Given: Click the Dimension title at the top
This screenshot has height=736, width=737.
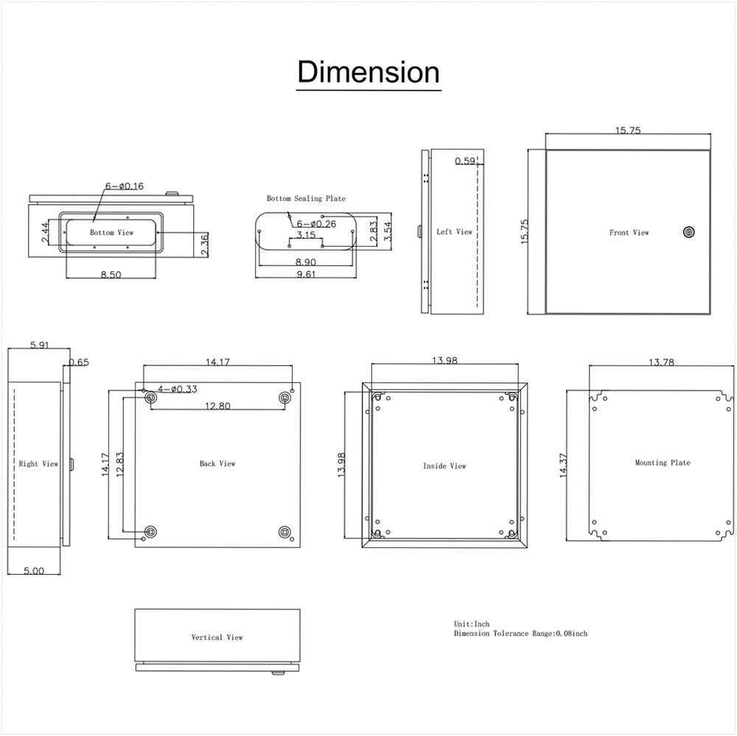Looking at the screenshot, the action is click(x=368, y=72).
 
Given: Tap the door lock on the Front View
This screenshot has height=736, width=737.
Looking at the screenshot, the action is click(x=688, y=232).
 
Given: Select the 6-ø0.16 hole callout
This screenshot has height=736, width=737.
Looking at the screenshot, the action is click(x=124, y=186).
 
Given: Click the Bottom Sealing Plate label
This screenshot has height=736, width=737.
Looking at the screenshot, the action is click(x=306, y=198).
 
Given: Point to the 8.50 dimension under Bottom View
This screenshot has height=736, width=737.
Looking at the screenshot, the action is click(x=111, y=275).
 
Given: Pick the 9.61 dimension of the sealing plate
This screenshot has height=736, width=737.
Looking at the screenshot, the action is click(x=306, y=274).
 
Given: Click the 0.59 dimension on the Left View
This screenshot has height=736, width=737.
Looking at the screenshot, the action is click(x=465, y=161).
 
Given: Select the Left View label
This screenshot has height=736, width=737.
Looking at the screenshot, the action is click(x=454, y=231).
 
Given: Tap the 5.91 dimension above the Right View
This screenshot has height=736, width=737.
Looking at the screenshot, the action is click(x=40, y=345).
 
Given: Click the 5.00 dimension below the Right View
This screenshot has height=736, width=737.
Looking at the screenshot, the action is click(x=34, y=571).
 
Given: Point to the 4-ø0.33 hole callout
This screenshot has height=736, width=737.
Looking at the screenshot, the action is click(x=177, y=389).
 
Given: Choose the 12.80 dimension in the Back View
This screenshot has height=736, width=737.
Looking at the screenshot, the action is click(x=217, y=406).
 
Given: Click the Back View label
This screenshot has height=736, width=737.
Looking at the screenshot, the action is click(x=217, y=463).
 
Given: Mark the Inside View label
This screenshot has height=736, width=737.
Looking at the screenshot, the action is click(x=444, y=466).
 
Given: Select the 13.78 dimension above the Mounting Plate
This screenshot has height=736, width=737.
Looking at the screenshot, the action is click(x=661, y=362).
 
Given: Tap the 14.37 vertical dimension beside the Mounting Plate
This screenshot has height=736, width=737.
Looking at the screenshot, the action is click(x=564, y=466).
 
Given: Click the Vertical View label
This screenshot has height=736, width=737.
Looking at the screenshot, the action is click(x=217, y=637).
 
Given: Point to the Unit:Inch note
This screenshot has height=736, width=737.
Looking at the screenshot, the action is click(x=472, y=624).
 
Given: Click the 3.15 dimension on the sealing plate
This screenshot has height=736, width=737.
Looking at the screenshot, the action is click(x=306, y=235).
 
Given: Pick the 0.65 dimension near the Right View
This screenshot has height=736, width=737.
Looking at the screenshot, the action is click(x=79, y=362).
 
